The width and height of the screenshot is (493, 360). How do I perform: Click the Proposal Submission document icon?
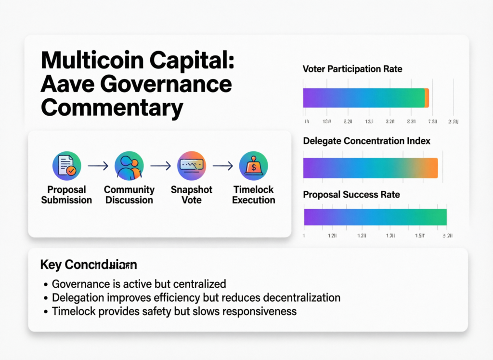[x=66, y=166]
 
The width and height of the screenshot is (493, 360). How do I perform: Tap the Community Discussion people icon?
[x=129, y=166]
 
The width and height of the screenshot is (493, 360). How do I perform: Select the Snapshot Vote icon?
[x=192, y=166]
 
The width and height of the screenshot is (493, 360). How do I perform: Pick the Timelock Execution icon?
[x=253, y=166]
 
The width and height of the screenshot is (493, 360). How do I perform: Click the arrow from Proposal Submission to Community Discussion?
[x=98, y=166]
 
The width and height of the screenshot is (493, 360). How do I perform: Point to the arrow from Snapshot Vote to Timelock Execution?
[x=222, y=166]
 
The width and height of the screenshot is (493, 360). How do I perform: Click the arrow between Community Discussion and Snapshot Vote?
[x=160, y=166]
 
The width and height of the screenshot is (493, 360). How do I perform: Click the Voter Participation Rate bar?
[x=365, y=98]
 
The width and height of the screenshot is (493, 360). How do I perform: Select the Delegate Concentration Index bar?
[x=370, y=168]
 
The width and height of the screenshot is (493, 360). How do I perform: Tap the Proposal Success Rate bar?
[x=375, y=217]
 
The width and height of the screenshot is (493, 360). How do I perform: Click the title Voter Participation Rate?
[x=352, y=69]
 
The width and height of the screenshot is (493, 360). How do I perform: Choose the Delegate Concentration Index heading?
[x=366, y=141]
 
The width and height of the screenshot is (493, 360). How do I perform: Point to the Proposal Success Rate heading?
[x=351, y=195]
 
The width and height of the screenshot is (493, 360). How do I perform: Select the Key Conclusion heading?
[x=89, y=265]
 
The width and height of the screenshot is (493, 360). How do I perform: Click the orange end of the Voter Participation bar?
[x=427, y=98]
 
